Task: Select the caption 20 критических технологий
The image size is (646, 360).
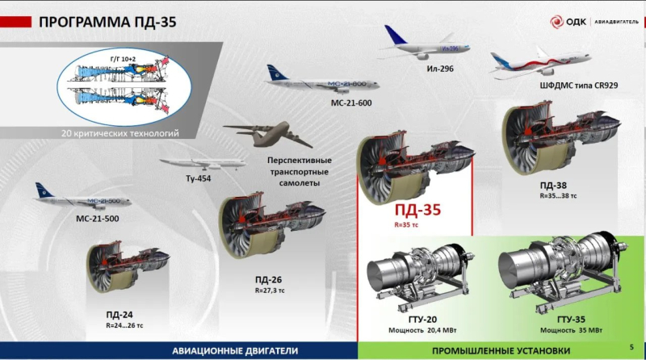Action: pyautogui.click(x=120, y=133)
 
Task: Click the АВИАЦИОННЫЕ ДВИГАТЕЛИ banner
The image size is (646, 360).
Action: pyautogui.click(x=236, y=351)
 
